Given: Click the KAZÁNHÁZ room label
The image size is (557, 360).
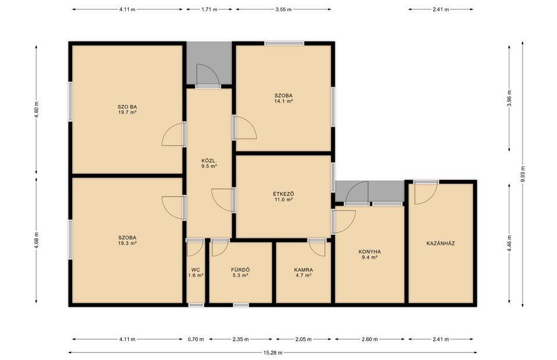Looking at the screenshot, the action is (x=441, y=244).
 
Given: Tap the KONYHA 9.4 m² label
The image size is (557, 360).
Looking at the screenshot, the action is (x=370, y=255).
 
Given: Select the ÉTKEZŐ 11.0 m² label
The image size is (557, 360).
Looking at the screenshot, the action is (x=283, y=197).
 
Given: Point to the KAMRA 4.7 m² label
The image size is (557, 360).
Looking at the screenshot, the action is (x=303, y=272).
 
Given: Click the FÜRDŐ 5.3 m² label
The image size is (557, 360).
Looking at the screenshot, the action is (x=240, y=272).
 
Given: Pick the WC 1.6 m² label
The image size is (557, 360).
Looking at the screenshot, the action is (x=196, y=272).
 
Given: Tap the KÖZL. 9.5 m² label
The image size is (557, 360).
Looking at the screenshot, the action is (x=209, y=163).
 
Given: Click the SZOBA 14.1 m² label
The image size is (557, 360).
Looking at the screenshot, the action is (x=283, y=98).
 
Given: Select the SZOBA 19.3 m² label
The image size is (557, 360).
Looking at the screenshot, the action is (x=127, y=240).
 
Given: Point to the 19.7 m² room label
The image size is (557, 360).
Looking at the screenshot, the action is (x=127, y=112).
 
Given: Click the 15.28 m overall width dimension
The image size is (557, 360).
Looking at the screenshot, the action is (x=273, y=352).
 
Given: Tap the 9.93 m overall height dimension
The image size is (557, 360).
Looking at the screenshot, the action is (x=523, y=174).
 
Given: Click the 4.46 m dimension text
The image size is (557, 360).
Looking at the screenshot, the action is (x=509, y=244).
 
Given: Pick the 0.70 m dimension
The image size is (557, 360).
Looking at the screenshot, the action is (x=196, y=339).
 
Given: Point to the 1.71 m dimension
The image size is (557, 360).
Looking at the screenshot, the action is (x=209, y=9).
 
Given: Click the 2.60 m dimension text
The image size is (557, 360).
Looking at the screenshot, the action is (x=370, y=339).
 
